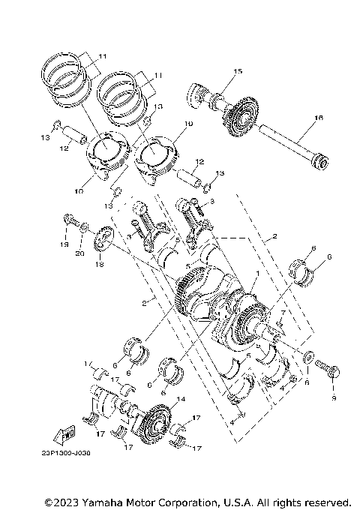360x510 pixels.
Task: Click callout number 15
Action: [x=237, y=71]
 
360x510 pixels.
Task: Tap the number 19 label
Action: [x=64, y=245]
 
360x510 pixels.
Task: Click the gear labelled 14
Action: [x=157, y=421]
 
